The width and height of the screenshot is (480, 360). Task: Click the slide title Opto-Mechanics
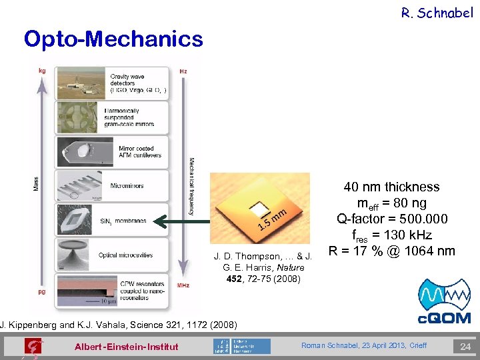pyautogui.click(x=113, y=39)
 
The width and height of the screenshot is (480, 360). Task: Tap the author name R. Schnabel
pyautogui.click(x=437, y=13)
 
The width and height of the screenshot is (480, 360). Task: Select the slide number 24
pyautogui.click(x=465, y=346)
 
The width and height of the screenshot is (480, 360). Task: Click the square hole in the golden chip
pyautogui.click(x=255, y=207)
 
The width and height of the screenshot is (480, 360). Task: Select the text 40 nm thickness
pyautogui.click(x=391, y=187)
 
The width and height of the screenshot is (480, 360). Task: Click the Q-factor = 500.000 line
pyautogui.click(x=392, y=219)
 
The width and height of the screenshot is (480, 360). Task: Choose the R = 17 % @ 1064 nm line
pyautogui.click(x=392, y=251)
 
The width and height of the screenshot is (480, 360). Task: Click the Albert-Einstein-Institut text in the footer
pyautogui.click(x=126, y=347)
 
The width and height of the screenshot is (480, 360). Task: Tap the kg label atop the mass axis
pyautogui.click(x=43, y=70)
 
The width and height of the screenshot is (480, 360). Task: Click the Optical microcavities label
pyautogui.click(x=125, y=255)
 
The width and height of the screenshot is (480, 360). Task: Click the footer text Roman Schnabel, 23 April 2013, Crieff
pyautogui.click(x=363, y=345)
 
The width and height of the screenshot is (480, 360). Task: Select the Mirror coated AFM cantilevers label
pyautogui.click(x=135, y=152)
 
